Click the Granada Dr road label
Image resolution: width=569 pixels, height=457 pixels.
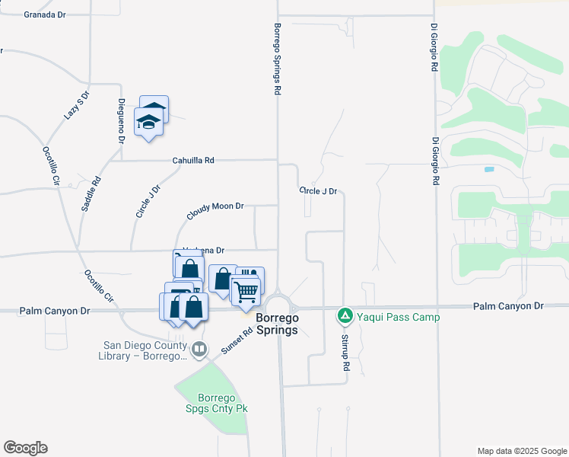pos(46,14)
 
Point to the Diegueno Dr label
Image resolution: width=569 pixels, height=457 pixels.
pos(121,121)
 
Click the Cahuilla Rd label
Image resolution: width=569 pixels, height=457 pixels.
pos(193,161)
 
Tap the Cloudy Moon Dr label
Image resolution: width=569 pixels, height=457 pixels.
pos(215,206)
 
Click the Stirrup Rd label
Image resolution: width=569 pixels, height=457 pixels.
pos(345,353)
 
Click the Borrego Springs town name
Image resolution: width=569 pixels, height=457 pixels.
pos(280,324)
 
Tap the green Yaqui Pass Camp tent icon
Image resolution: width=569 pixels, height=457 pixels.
pos(345,315)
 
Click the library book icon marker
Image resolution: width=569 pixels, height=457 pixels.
pos(199,350)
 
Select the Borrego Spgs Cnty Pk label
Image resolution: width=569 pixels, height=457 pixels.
pos(223,403)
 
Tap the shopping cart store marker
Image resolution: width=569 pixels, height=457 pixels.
pos(246,290)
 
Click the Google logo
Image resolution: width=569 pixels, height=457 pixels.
pos(25,448)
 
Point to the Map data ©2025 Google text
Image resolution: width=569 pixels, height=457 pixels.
pos(521,451)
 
